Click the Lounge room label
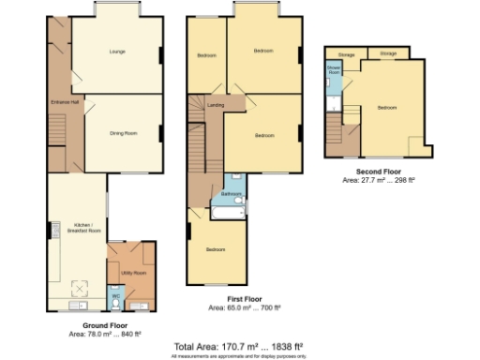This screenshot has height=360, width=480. [117, 52]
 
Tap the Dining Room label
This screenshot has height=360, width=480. [124, 134]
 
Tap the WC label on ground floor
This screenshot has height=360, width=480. [116, 298]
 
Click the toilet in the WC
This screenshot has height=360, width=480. [116, 306]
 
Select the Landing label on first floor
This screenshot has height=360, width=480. [215, 105]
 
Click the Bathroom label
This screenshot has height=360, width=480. [232, 195]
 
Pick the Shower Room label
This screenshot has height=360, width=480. [333, 70]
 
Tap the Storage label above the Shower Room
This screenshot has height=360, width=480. [346, 54]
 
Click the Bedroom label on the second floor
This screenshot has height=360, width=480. [387, 108]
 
